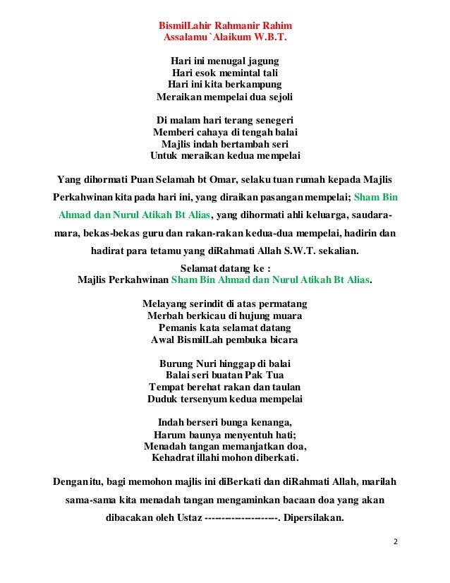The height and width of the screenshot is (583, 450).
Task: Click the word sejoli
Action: (x=276, y=97)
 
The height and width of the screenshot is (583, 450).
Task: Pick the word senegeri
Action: (x=266, y=119)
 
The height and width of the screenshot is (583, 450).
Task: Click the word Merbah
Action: (x=163, y=315)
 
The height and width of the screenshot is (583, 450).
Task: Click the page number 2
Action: (x=396, y=542)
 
